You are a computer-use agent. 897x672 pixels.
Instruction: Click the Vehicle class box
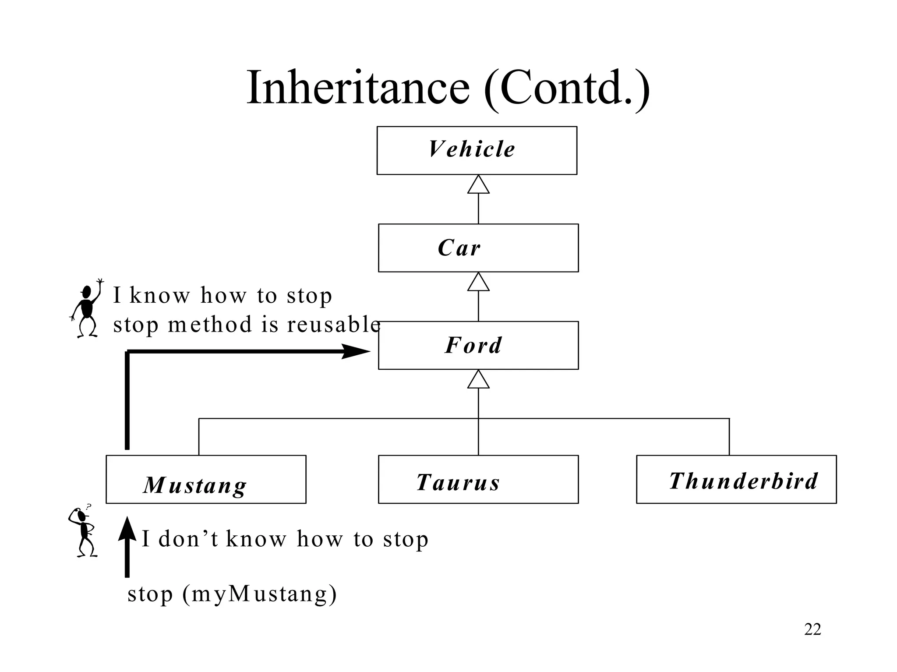click(477, 150)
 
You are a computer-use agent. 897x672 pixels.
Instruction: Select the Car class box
click(478, 248)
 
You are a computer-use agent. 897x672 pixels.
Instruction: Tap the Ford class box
click(478, 345)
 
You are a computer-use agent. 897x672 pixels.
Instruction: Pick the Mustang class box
click(205, 479)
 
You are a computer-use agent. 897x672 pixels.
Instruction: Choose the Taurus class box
click(478, 479)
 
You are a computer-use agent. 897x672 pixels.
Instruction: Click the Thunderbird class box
click(736, 479)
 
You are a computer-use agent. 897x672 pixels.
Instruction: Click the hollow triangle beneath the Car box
click(478, 283)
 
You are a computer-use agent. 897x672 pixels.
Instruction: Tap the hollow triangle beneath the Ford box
click(478, 380)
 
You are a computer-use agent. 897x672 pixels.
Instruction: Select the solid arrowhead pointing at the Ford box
click(356, 351)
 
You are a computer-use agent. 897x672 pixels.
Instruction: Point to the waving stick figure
click(87, 308)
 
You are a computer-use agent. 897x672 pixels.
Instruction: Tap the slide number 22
click(812, 629)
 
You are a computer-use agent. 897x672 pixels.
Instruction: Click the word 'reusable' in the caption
click(334, 325)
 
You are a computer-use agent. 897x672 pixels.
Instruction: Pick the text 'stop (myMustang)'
click(232, 594)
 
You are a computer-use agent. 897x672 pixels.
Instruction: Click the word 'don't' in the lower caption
click(188, 539)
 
